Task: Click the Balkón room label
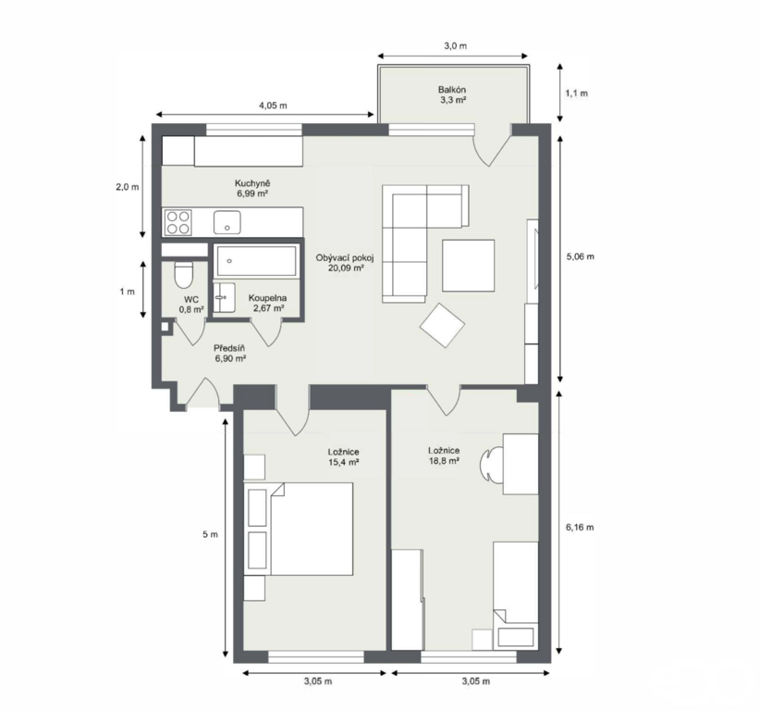(452, 90)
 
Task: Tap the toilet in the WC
(184, 275)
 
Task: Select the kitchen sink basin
(227, 222)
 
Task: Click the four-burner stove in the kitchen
(178, 222)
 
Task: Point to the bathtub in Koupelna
(256, 262)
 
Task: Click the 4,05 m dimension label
(273, 106)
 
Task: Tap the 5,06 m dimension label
(581, 256)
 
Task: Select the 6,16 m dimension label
(580, 527)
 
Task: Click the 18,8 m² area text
(444, 461)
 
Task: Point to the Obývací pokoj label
(345, 257)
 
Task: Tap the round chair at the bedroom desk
(492, 464)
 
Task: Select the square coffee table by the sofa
(468, 266)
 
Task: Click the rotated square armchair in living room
(442, 325)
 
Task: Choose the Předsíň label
(229, 348)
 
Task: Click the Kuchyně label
(252, 183)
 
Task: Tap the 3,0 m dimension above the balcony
(455, 46)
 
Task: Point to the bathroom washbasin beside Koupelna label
(224, 297)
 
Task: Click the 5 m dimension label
(210, 534)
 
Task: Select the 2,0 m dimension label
(127, 187)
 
